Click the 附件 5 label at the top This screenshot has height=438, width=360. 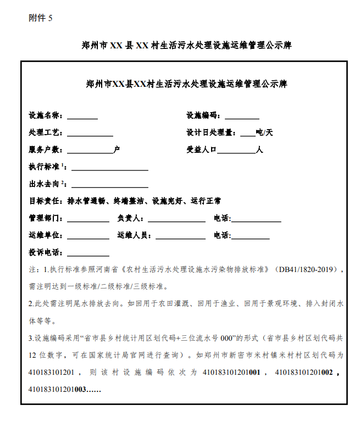click(x=40, y=18)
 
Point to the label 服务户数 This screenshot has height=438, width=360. click(x=46, y=149)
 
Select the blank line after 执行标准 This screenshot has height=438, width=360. click(x=109, y=168)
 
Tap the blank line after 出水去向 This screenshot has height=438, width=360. click(x=109, y=185)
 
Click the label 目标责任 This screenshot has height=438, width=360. click(x=46, y=201)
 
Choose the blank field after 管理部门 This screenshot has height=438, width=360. click(x=88, y=220)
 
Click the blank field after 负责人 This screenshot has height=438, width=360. click(x=176, y=220)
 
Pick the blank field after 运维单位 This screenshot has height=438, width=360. click(x=88, y=237)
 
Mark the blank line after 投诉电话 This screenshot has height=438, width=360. click(x=88, y=254)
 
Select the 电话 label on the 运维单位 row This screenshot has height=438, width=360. click(x=222, y=235)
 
